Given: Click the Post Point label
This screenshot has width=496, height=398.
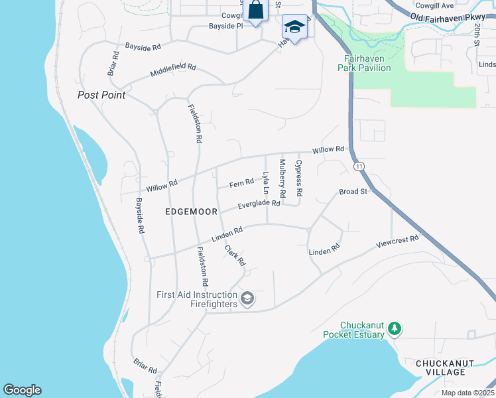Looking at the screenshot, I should tap(101, 95).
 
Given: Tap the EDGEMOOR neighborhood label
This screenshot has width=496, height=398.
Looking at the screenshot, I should tap(192, 212).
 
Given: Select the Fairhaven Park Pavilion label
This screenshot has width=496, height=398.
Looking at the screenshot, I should tap(364, 62).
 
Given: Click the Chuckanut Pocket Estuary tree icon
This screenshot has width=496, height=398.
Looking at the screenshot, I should tap(395, 328).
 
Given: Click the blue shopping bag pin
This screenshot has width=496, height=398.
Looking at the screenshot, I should tap(255, 11).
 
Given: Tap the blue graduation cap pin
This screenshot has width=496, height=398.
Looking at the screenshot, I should tap(294, 27).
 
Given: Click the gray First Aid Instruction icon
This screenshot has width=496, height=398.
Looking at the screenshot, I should tap(247, 299).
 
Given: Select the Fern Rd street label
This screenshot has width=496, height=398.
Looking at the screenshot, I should tap(241, 183).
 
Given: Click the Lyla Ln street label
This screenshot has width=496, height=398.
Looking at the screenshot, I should tap(266, 183).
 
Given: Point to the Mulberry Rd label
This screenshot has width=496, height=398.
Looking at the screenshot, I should tap(282, 178).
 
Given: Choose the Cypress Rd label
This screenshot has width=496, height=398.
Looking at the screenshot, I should tap(299, 178).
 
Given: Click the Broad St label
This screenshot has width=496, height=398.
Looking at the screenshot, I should tap(353, 192).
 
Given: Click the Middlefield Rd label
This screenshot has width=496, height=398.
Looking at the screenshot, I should tap(173, 68).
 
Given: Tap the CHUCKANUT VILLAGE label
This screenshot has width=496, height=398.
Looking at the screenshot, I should tap(440, 367).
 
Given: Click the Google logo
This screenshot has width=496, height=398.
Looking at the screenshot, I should tap(22, 390).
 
